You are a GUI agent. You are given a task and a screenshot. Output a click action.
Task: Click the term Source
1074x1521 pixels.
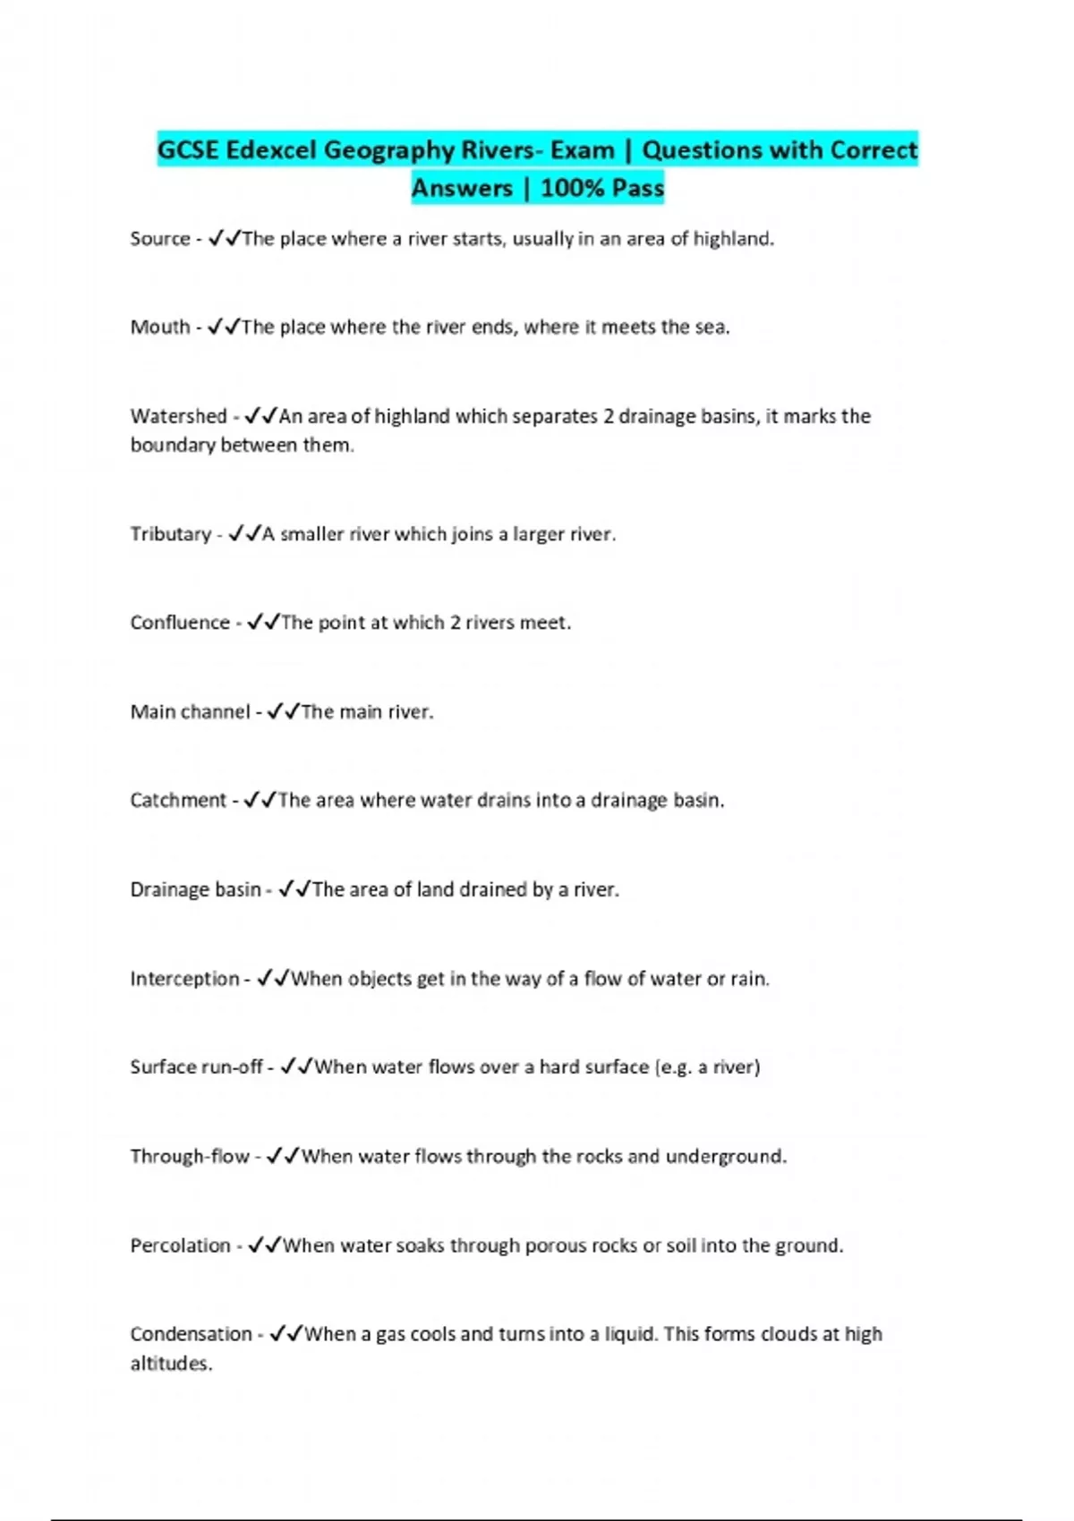click(x=160, y=239)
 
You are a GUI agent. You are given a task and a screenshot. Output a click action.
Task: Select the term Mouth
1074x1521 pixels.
click(x=160, y=327)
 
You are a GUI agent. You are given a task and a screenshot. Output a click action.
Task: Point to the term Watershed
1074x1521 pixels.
click(x=179, y=416)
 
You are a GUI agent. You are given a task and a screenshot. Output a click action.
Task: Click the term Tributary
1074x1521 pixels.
click(x=171, y=534)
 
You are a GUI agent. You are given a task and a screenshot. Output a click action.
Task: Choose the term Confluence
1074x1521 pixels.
click(x=180, y=623)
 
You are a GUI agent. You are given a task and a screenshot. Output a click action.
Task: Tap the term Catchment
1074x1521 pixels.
click(x=178, y=800)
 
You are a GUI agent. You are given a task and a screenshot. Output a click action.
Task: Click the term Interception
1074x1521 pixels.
click(x=184, y=979)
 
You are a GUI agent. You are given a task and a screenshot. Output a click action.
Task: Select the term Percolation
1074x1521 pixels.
click(x=180, y=1245)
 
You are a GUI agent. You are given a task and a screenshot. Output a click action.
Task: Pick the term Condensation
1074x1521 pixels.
click(x=191, y=1334)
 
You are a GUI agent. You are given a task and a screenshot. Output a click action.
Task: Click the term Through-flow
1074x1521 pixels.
click(x=190, y=1156)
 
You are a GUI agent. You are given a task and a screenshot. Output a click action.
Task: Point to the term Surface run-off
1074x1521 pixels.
click(x=196, y=1066)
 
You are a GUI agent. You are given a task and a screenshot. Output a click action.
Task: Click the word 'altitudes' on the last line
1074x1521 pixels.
click(x=170, y=1364)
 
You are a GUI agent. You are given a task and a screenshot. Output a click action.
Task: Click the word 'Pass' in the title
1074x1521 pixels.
click(x=639, y=188)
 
